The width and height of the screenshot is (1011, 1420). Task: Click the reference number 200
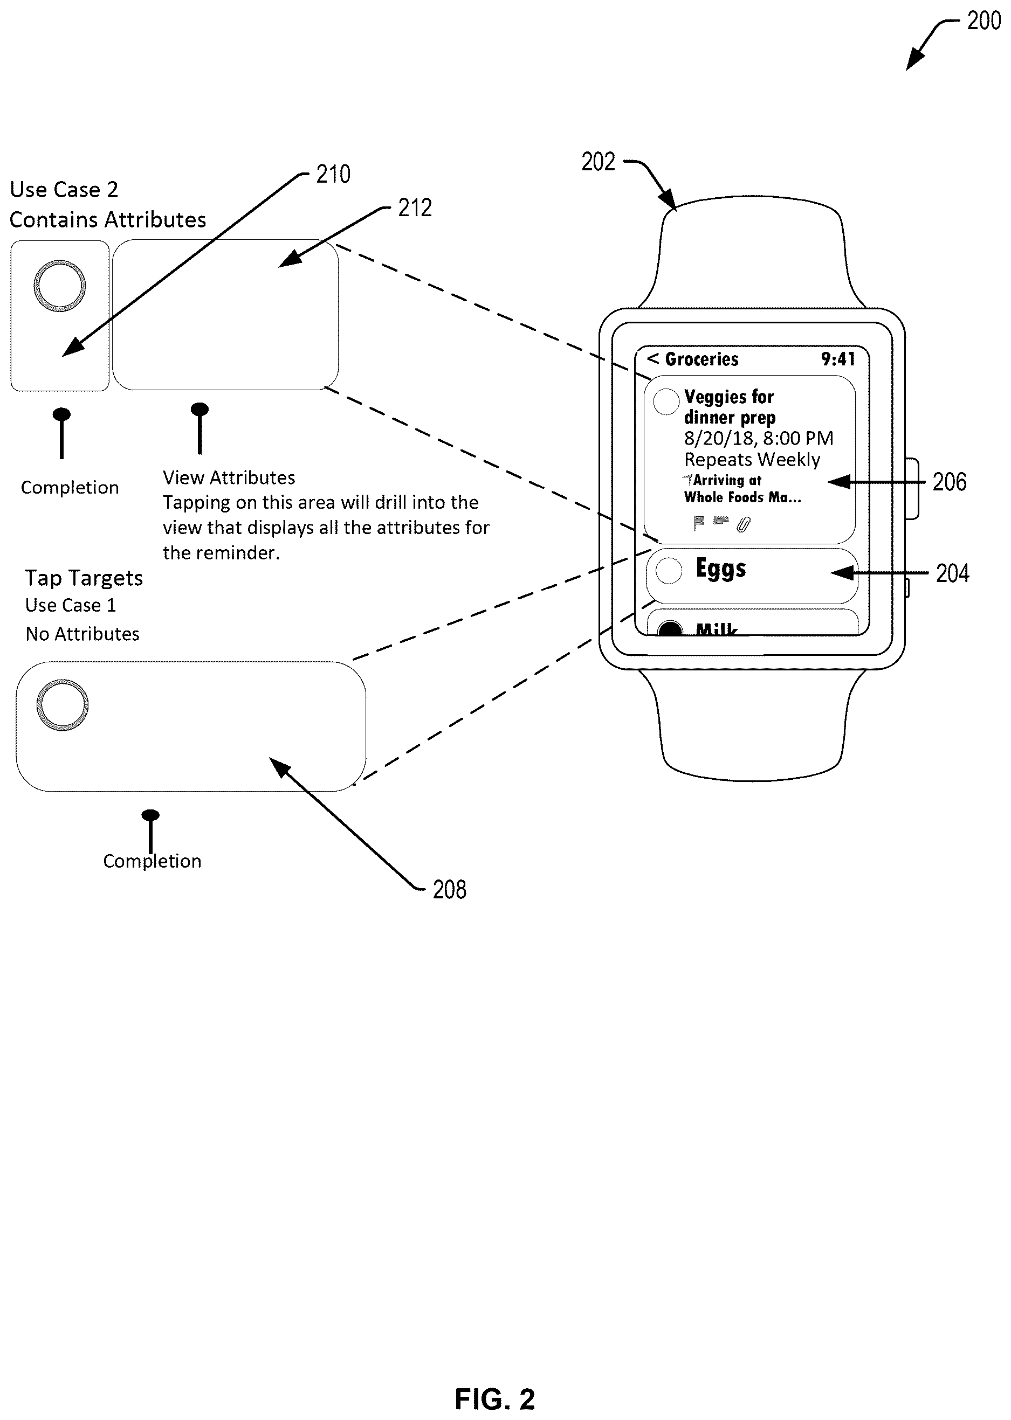pyautogui.click(x=984, y=21)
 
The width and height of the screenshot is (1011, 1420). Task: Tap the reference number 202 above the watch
pyautogui.click(x=599, y=162)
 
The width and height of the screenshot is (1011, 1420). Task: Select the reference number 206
pyautogui.click(x=950, y=482)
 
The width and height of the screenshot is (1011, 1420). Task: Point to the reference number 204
pyautogui.click(x=952, y=573)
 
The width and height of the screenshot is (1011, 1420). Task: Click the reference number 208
pyautogui.click(x=450, y=890)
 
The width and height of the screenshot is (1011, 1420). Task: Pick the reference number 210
pyautogui.click(x=333, y=174)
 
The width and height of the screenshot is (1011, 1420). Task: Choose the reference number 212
pyautogui.click(x=415, y=208)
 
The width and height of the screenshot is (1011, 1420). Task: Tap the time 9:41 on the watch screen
pyautogui.click(x=838, y=359)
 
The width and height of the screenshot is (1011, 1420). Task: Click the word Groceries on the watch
pyautogui.click(x=701, y=359)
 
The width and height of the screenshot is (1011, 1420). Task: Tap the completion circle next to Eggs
pyautogui.click(x=669, y=571)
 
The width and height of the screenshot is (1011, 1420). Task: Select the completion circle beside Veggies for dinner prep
pyautogui.click(x=666, y=401)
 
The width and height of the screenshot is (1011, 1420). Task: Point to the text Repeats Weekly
pyautogui.click(x=752, y=460)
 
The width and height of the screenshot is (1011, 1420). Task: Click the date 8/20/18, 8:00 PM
pyautogui.click(x=758, y=439)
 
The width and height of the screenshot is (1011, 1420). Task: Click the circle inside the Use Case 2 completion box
pyautogui.click(x=59, y=286)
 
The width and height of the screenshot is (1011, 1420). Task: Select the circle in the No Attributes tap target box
pyautogui.click(x=62, y=705)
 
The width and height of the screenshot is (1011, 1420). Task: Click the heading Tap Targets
pyautogui.click(x=84, y=579)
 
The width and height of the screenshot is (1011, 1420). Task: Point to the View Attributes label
pyautogui.click(x=229, y=478)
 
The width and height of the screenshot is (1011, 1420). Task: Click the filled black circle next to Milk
pyautogui.click(x=670, y=628)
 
